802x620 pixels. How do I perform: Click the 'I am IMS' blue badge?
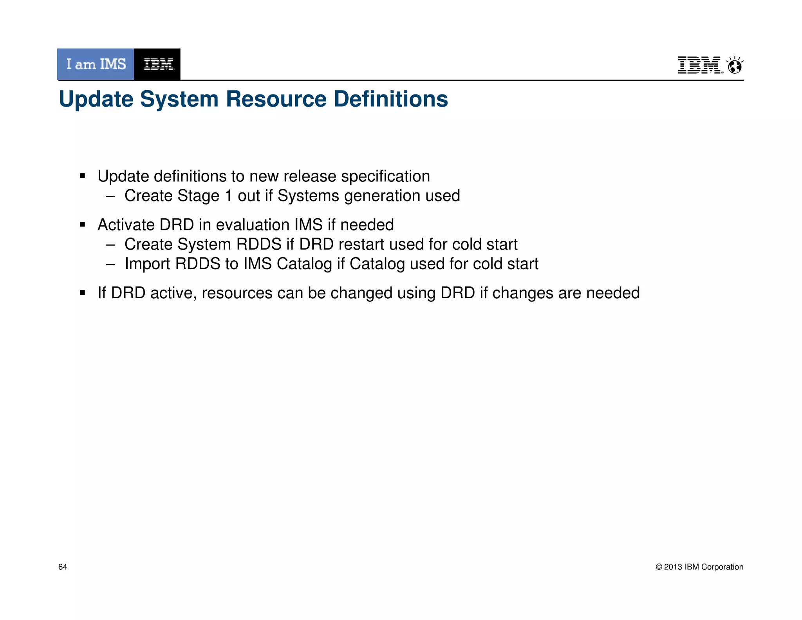point(96,64)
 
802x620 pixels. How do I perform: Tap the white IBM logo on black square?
point(157,64)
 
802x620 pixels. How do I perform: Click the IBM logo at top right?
point(699,65)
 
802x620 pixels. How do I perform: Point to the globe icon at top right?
point(735,66)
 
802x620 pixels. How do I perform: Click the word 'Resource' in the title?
point(276,99)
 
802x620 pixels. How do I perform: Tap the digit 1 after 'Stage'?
point(228,196)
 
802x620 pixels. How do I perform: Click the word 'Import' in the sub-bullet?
point(147,264)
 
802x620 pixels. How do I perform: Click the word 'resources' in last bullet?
point(237,293)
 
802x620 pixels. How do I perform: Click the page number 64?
point(63,567)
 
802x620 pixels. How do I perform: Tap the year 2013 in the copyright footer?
point(673,567)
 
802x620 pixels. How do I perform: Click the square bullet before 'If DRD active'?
point(82,293)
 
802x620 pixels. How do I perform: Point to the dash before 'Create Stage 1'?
point(110,196)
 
